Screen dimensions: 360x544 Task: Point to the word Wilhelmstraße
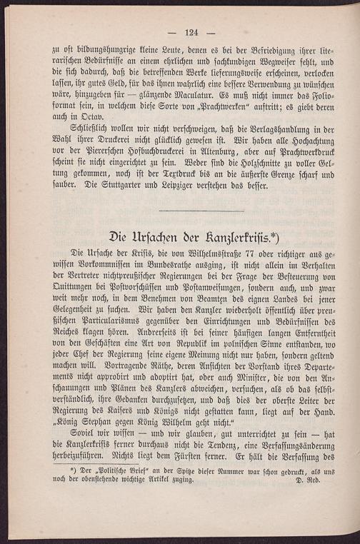tap(204, 255)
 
